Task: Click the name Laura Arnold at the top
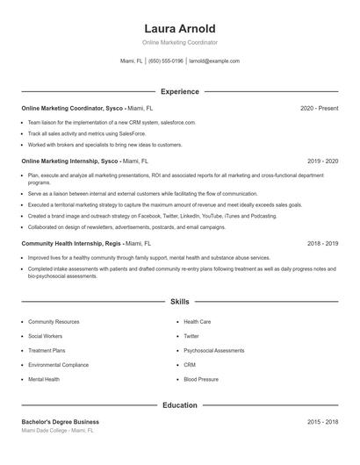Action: (180, 28)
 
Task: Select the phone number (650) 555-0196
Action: (166, 61)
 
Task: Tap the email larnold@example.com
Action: (214, 61)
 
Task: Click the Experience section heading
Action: (180, 91)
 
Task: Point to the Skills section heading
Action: (180, 301)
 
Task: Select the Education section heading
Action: (180, 405)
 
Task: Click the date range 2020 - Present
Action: (320, 108)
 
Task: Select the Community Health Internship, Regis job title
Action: (71, 243)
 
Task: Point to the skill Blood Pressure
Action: (200, 379)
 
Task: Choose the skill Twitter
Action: (191, 336)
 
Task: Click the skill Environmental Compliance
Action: (58, 364)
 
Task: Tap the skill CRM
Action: (190, 364)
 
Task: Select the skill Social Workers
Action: (46, 336)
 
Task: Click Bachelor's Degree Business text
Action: (61, 422)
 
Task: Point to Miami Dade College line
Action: (57, 431)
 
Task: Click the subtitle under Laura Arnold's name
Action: (180, 42)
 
